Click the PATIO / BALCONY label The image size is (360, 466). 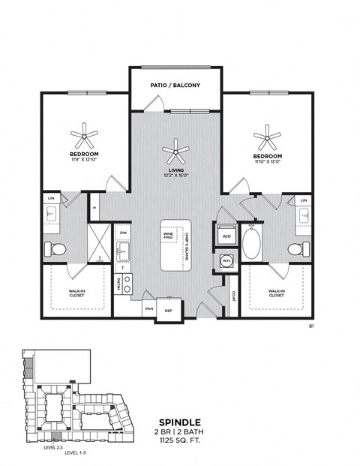[175, 86]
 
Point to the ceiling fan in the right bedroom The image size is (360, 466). [266, 138]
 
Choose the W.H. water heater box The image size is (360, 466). [226, 260]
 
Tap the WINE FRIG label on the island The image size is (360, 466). [169, 236]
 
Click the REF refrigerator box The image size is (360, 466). [168, 309]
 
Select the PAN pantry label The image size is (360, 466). [149, 308]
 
